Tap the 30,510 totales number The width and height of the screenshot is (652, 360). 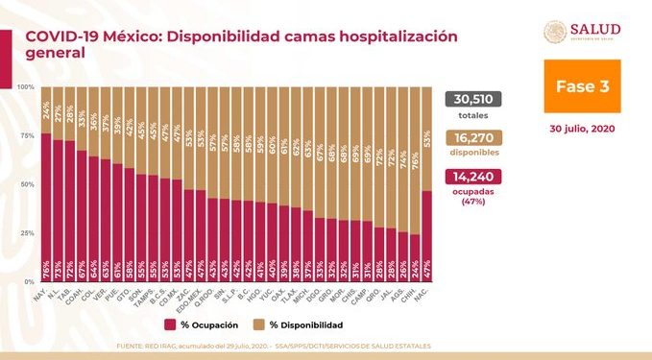tap(474, 101)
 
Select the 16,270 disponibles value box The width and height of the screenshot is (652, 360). tap(474, 139)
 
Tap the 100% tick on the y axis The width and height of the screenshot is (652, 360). tap(26, 86)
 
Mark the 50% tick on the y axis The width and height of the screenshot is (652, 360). tap(28, 184)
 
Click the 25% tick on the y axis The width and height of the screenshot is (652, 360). tap(28, 233)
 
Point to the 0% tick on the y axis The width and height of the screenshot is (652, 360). tap(30, 282)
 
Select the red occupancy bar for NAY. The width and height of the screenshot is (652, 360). tap(45, 206)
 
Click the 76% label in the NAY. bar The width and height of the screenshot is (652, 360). tap(45, 269)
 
